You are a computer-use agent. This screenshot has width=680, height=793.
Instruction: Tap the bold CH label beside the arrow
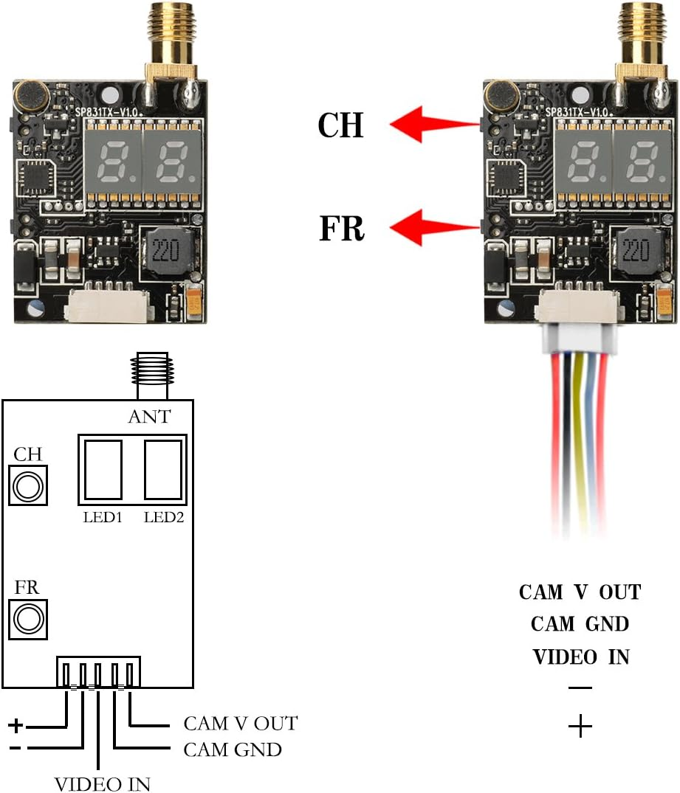[x=340, y=126]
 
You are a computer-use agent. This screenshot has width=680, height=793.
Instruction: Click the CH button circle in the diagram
[x=28, y=486]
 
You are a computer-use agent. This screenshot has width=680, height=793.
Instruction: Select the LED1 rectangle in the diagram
[x=103, y=470]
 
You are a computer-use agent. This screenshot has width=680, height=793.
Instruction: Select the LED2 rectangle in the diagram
[x=162, y=470]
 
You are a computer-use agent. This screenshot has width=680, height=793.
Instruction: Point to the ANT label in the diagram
[x=148, y=417]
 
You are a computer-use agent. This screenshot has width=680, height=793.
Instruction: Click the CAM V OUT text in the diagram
[x=240, y=724]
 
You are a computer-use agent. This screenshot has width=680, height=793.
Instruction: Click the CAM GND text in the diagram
[x=233, y=750]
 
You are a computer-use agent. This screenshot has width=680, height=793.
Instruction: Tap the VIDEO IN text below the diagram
[x=103, y=783]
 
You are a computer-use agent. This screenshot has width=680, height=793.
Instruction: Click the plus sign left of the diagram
[x=16, y=726]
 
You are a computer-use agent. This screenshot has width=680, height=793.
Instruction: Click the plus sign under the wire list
[x=580, y=727]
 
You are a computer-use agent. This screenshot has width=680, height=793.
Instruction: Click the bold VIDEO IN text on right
[x=580, y=656]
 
